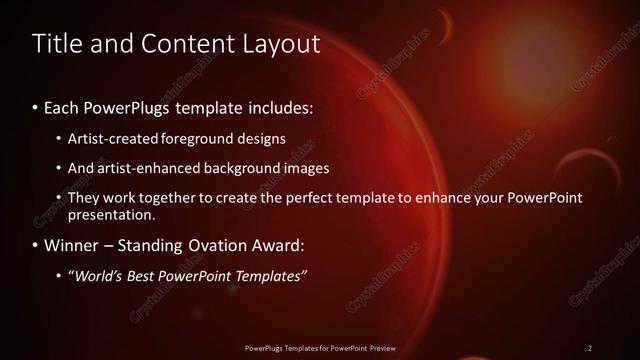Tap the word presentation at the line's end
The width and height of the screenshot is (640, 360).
pyautogui.click(x=111, y=214)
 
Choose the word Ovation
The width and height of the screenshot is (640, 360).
pyautogui.click(x=224, y=244)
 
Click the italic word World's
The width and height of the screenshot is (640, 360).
pyautogui.click(x=102, y=276)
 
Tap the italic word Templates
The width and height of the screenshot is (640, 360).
pyautogui.click(x=269, y=276)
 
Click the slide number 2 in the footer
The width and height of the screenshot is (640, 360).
pyautogui.click(x=590, y=347)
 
